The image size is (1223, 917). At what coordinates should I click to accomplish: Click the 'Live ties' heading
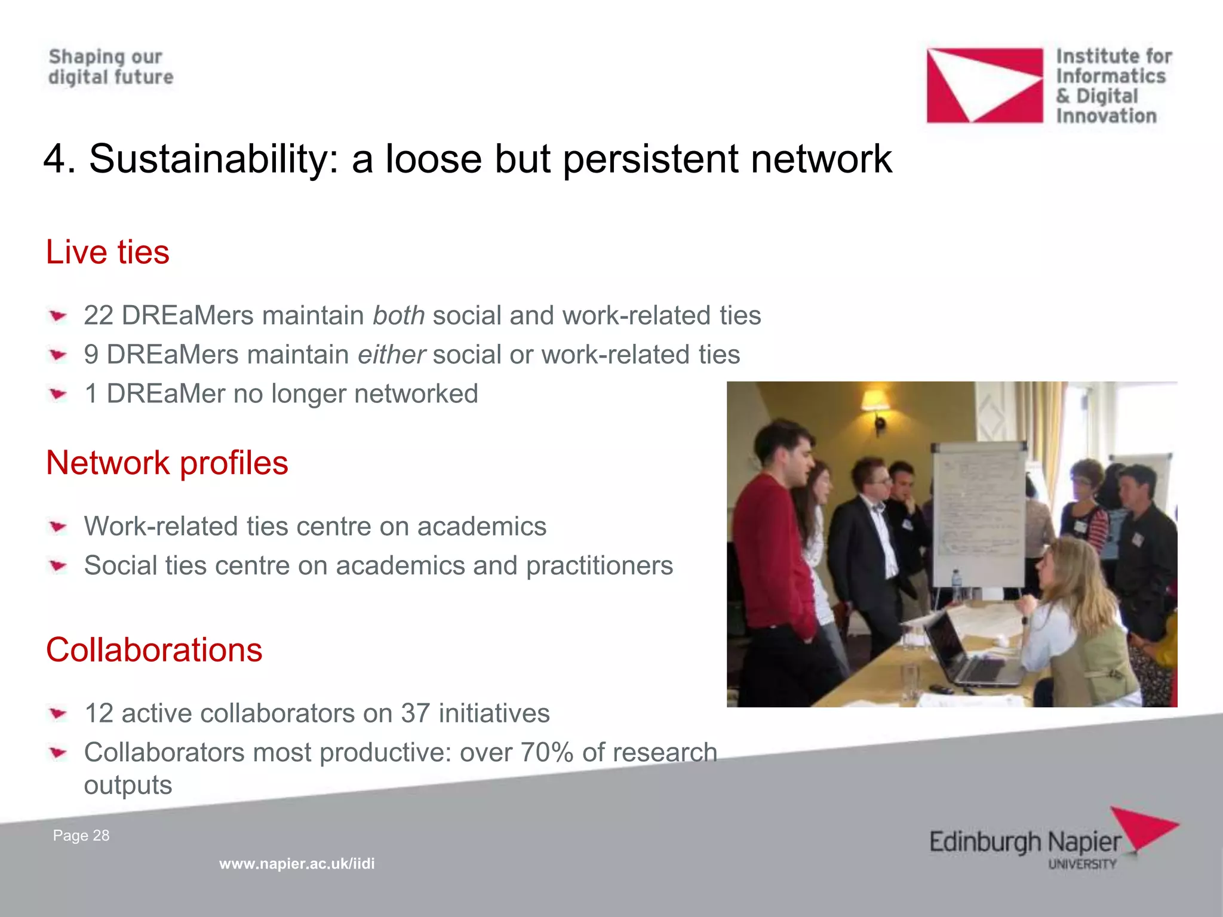(x=107, y=252)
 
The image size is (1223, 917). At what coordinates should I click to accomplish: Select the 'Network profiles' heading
(x=167, y=463)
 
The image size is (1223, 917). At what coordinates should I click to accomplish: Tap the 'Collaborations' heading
(x=154, y=650)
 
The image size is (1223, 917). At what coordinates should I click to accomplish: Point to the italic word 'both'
(x=398, y=315)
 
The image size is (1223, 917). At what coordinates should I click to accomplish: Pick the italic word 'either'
(x=391, y=355)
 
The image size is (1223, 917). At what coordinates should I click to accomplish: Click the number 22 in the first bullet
(x=99, y=316)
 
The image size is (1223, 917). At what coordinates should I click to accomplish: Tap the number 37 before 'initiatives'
(x=415, y=713)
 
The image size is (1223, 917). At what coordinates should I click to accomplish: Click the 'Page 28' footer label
(x=81, y=836)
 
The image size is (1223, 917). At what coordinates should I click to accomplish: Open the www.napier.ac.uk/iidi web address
(x=297, y=864)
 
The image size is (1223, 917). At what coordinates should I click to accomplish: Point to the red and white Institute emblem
(x=984, y=85)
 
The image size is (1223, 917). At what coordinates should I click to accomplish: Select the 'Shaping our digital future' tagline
(x=110, y=67)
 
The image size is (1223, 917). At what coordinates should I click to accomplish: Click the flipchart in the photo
(x=979, y=513)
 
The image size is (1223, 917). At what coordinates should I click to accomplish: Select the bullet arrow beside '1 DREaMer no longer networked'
(x=58, y=394)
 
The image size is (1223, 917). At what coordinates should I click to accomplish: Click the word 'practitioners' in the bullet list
(x=599, y=566)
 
